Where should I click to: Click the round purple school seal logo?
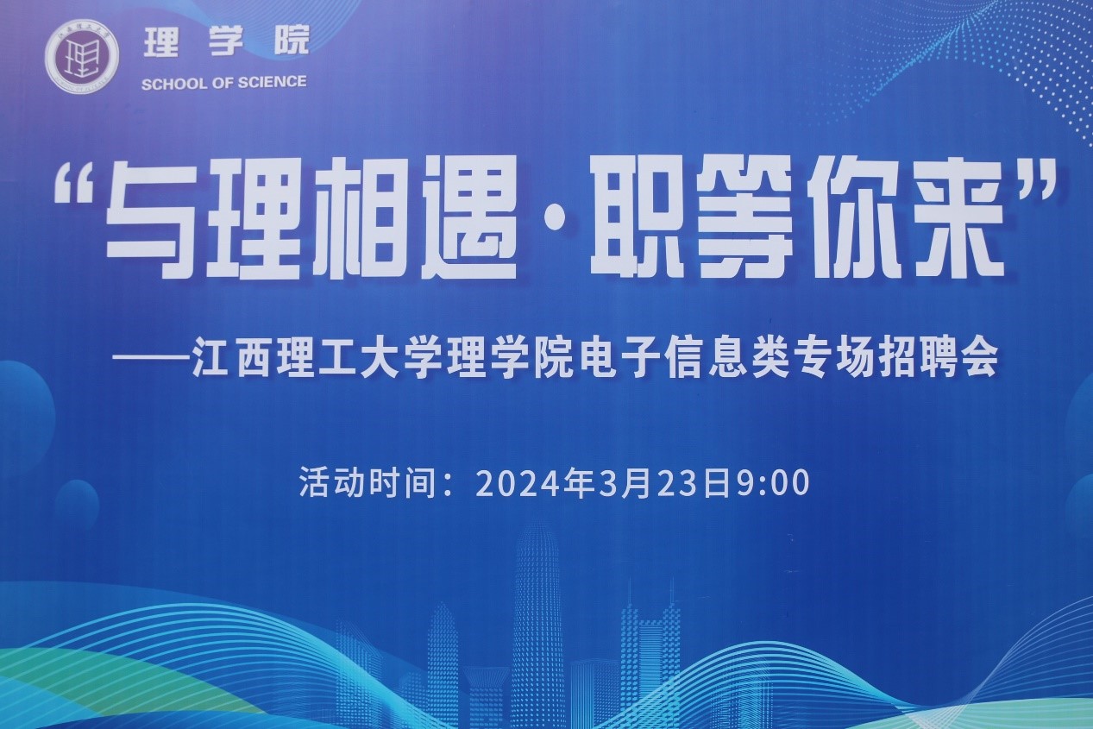pyautogui.click(x=82, y=56)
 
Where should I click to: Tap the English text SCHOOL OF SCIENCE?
pyautogui.click(x=224, y=83)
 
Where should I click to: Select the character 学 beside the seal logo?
pyautogui.click(x=226, y=41)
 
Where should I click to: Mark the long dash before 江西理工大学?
pyautogui.click(x=151, y=357)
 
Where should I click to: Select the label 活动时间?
pyautogui.click(x=367, y=483)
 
